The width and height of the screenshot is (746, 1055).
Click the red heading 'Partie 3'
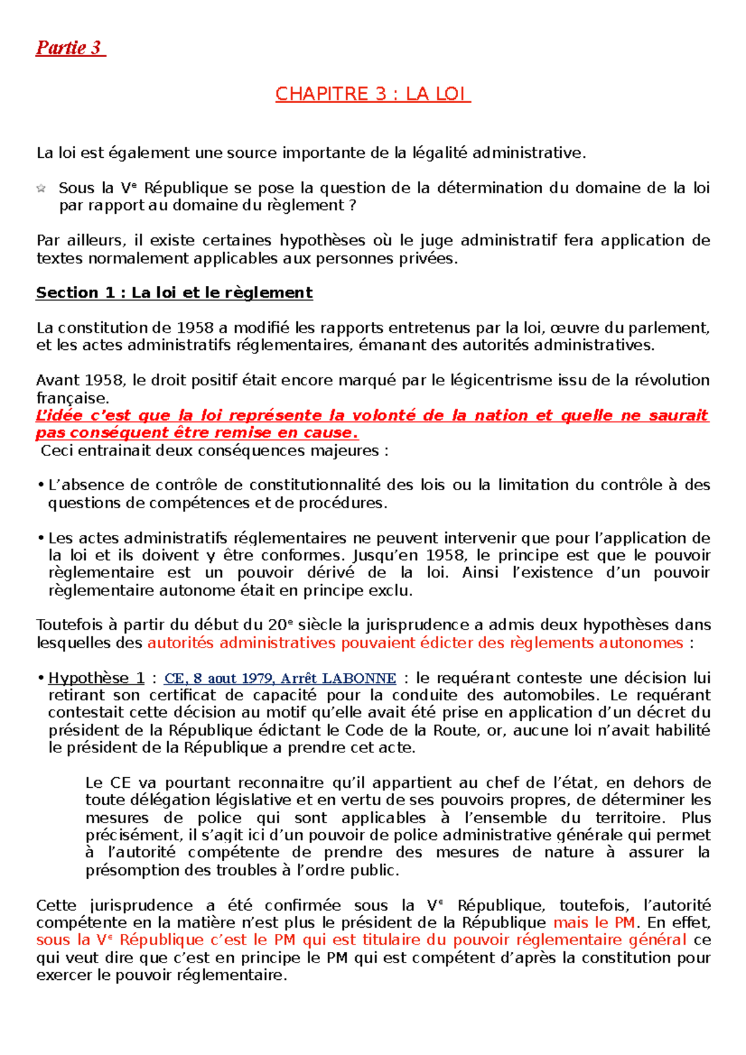[x=70, y=48]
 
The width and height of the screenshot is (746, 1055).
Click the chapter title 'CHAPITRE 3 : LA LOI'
[x=372, y=94]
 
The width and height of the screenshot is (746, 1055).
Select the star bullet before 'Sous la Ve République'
[x=41, y=188]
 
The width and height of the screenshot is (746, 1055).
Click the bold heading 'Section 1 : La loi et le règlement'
[x=174, y=293]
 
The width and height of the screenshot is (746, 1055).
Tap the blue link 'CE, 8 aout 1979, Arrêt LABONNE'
[x=280, y=678]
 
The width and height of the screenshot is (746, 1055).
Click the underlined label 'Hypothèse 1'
[x=96, y=678]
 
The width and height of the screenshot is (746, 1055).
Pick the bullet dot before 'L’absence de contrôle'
[x=40, y=485]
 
